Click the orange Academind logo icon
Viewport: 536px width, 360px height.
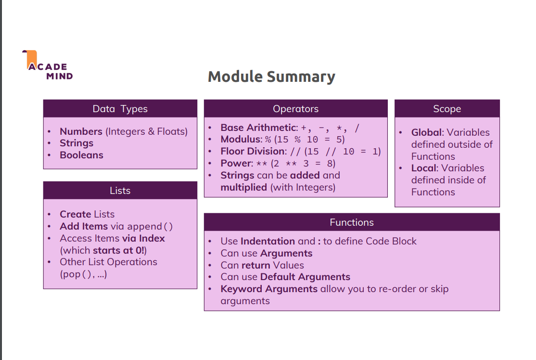[30, 59]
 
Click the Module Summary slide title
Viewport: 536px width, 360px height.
[271, 77]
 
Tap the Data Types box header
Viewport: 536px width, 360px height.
[120, 109]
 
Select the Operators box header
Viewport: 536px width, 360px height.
[296, 109]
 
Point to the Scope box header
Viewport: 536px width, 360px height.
[447, 109]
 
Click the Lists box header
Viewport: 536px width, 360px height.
[120, 191]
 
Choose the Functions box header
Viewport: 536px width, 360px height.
[352, 222]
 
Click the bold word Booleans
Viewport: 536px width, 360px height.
[81, 155]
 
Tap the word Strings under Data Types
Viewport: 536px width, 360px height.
[77, 143]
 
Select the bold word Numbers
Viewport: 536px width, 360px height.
[81, 131]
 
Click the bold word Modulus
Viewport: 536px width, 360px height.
[241, 139]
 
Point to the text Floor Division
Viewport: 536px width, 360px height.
[253, 151]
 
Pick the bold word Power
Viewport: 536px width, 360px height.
[236, 163]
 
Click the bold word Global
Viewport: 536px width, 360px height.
[427, 132]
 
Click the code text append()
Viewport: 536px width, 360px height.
[150, 226]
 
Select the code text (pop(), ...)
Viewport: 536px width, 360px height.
[83, 274]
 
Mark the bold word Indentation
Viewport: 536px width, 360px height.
[268, 241]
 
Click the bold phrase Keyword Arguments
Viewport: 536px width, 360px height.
[269, 289]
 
